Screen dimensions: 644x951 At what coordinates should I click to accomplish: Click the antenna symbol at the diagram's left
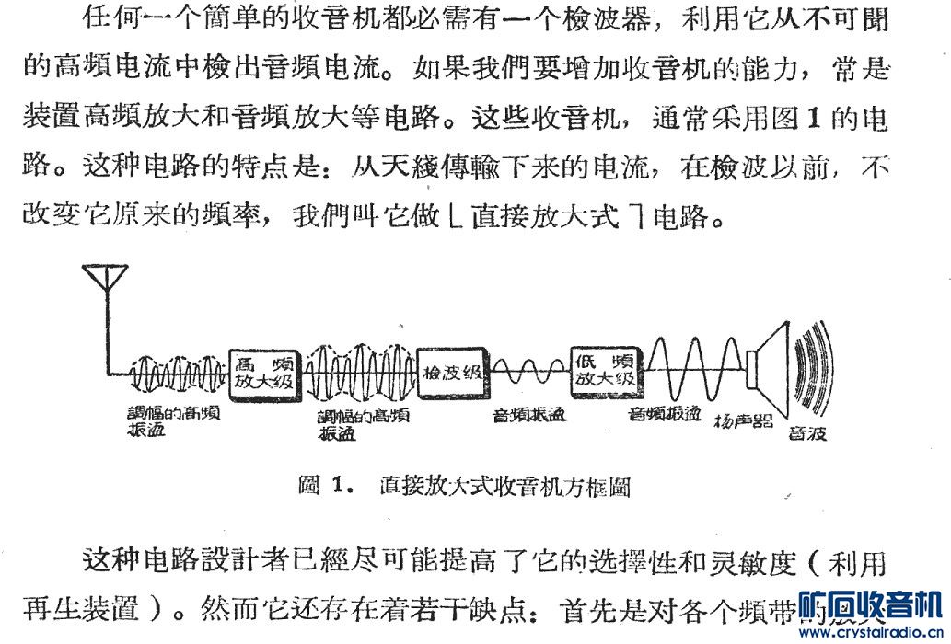(106, 281)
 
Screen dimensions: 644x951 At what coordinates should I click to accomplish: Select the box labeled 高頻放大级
(265, 374)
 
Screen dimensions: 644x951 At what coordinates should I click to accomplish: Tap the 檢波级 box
(452, 373)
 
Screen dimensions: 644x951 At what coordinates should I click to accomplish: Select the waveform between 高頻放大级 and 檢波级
(359, 373)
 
